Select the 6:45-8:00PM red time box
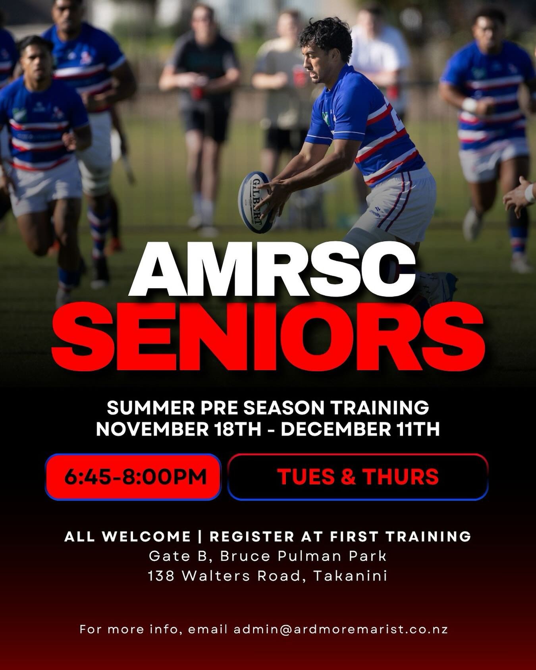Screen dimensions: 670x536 [x=133, y=477]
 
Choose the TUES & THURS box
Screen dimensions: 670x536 [x=358, y=477]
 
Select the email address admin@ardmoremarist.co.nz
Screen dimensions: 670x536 [x=341, y=641]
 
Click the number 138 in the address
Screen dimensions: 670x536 [x=161, y=575]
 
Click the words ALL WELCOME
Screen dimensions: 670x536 [x=127, y=537]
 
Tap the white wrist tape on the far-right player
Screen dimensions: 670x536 [x=470, y=105]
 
